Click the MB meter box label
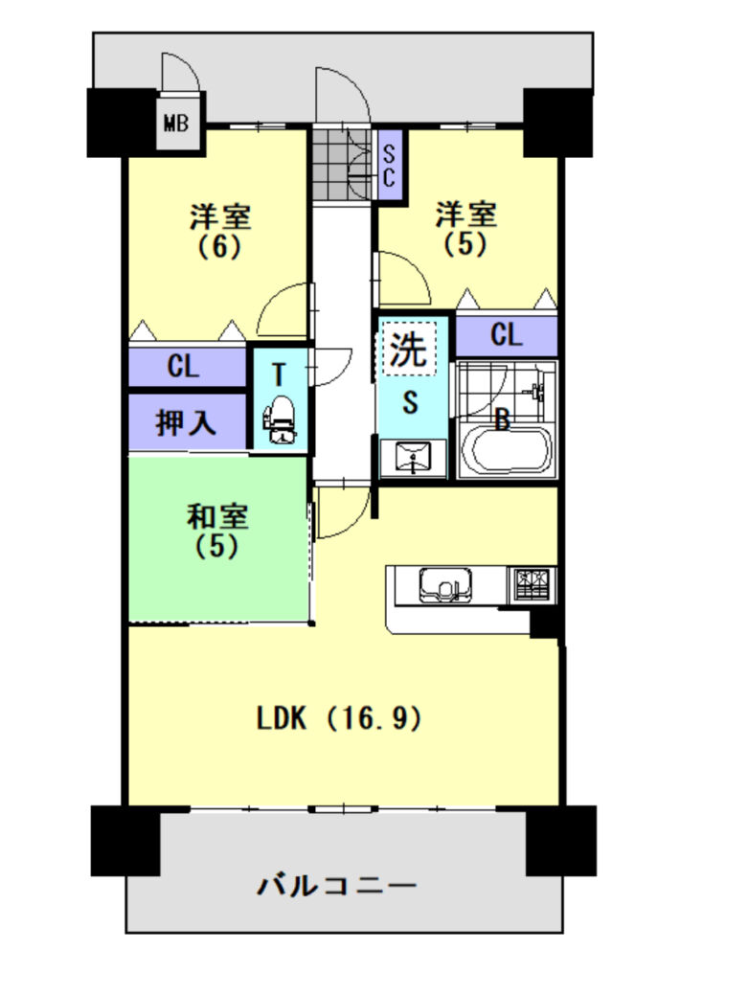coord(176,122)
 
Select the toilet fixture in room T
coord(280,419)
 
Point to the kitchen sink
coord(445,584)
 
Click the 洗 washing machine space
coord(408,348)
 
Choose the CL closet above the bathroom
coord(506,334)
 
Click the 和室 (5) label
coord(217,531)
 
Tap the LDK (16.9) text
coord(340,718)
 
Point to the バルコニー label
coord(337,884)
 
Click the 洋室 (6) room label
coord(219,231)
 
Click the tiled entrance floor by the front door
coord(342,165)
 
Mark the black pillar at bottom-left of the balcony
coord(125,841)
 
